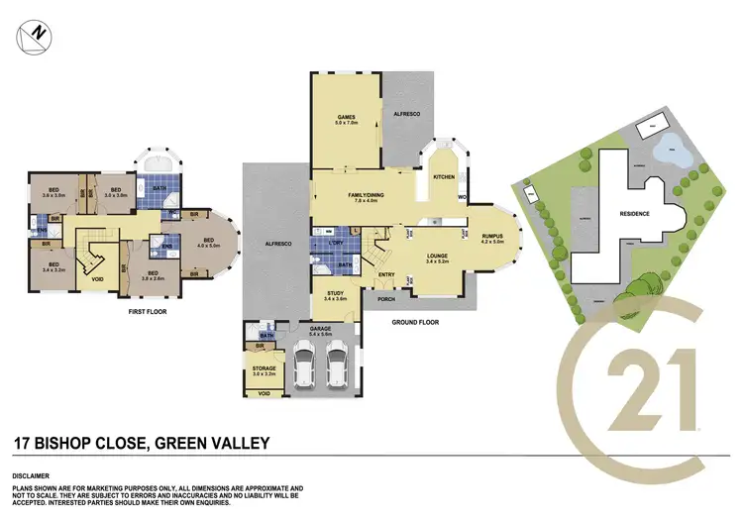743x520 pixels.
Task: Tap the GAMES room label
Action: point(346,120)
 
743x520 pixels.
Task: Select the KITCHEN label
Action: point(443,178)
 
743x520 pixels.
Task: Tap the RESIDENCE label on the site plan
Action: point(634,213)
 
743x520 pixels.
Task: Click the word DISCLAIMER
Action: point(33,474)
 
